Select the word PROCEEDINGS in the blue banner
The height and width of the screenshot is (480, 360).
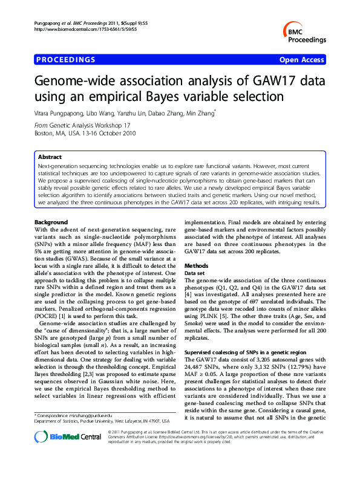click(66, 60)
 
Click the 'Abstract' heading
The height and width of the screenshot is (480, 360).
click(50, 157)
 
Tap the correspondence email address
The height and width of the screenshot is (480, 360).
click(92, 417)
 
